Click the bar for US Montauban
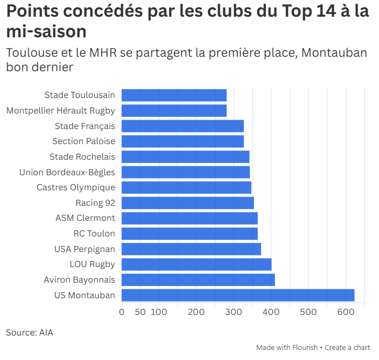(x=238, y=295)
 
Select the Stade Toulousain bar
(x=174, y=95)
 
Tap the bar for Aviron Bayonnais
(x=198, y=280)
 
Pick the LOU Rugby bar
(x=196, y=264)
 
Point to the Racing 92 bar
(x=188, y=203)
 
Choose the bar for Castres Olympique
(x=186, y=188)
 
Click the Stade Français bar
(x=183, y=126)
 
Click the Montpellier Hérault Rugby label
(x=61, y=111)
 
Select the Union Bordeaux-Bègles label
(x=67, y=172)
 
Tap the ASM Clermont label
(x=85, y=218)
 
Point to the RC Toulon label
(x=94, y=234)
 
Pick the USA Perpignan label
(x=85, y=249)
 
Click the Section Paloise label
(x=83, y=141)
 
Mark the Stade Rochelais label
(x=82, y=157)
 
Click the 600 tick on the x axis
(x=346, y=312)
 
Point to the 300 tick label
(x=234, y=312)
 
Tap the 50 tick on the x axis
(x=140, y=312)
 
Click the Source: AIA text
(x=29, y=333)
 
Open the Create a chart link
(x=347, y=347)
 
